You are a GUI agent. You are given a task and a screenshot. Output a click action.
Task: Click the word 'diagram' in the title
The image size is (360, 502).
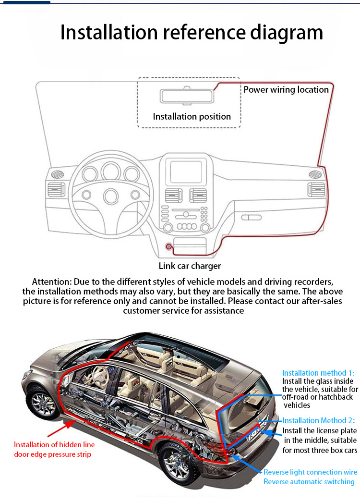(287, 33)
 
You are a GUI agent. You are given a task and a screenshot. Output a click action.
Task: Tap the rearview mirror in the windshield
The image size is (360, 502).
(187, 96)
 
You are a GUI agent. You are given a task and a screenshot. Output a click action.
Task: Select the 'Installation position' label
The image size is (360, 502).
(192, 117)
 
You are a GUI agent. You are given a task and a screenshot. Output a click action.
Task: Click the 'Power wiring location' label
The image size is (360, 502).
(286, 90)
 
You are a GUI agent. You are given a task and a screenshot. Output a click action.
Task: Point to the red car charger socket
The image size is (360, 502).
(168, 246)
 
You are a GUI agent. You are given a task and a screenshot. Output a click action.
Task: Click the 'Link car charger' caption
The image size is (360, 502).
(190, 266)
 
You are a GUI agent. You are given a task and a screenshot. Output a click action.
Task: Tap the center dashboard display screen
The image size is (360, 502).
(186, 172)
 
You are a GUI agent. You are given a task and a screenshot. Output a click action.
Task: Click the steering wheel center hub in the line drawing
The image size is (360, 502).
(111, 196)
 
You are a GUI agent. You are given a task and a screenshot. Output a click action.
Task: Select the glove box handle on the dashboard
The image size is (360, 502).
(251, 218)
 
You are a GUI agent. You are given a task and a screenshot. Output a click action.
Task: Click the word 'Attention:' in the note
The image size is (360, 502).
(52, 282)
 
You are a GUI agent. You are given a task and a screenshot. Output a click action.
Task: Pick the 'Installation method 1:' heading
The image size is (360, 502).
(318, 373)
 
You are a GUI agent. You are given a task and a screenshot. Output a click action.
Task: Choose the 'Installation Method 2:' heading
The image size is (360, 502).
(319, 420)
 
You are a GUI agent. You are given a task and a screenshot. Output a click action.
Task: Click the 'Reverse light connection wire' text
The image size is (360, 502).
(311, 472)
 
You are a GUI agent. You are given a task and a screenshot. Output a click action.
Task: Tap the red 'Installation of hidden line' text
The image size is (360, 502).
(54, 445)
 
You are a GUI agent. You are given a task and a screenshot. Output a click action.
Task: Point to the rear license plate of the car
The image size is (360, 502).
(257, 431)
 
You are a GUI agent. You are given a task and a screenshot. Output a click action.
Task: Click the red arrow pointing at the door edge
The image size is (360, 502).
(62, 429)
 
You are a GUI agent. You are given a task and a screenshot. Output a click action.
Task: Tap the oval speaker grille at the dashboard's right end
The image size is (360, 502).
(315, 174)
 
